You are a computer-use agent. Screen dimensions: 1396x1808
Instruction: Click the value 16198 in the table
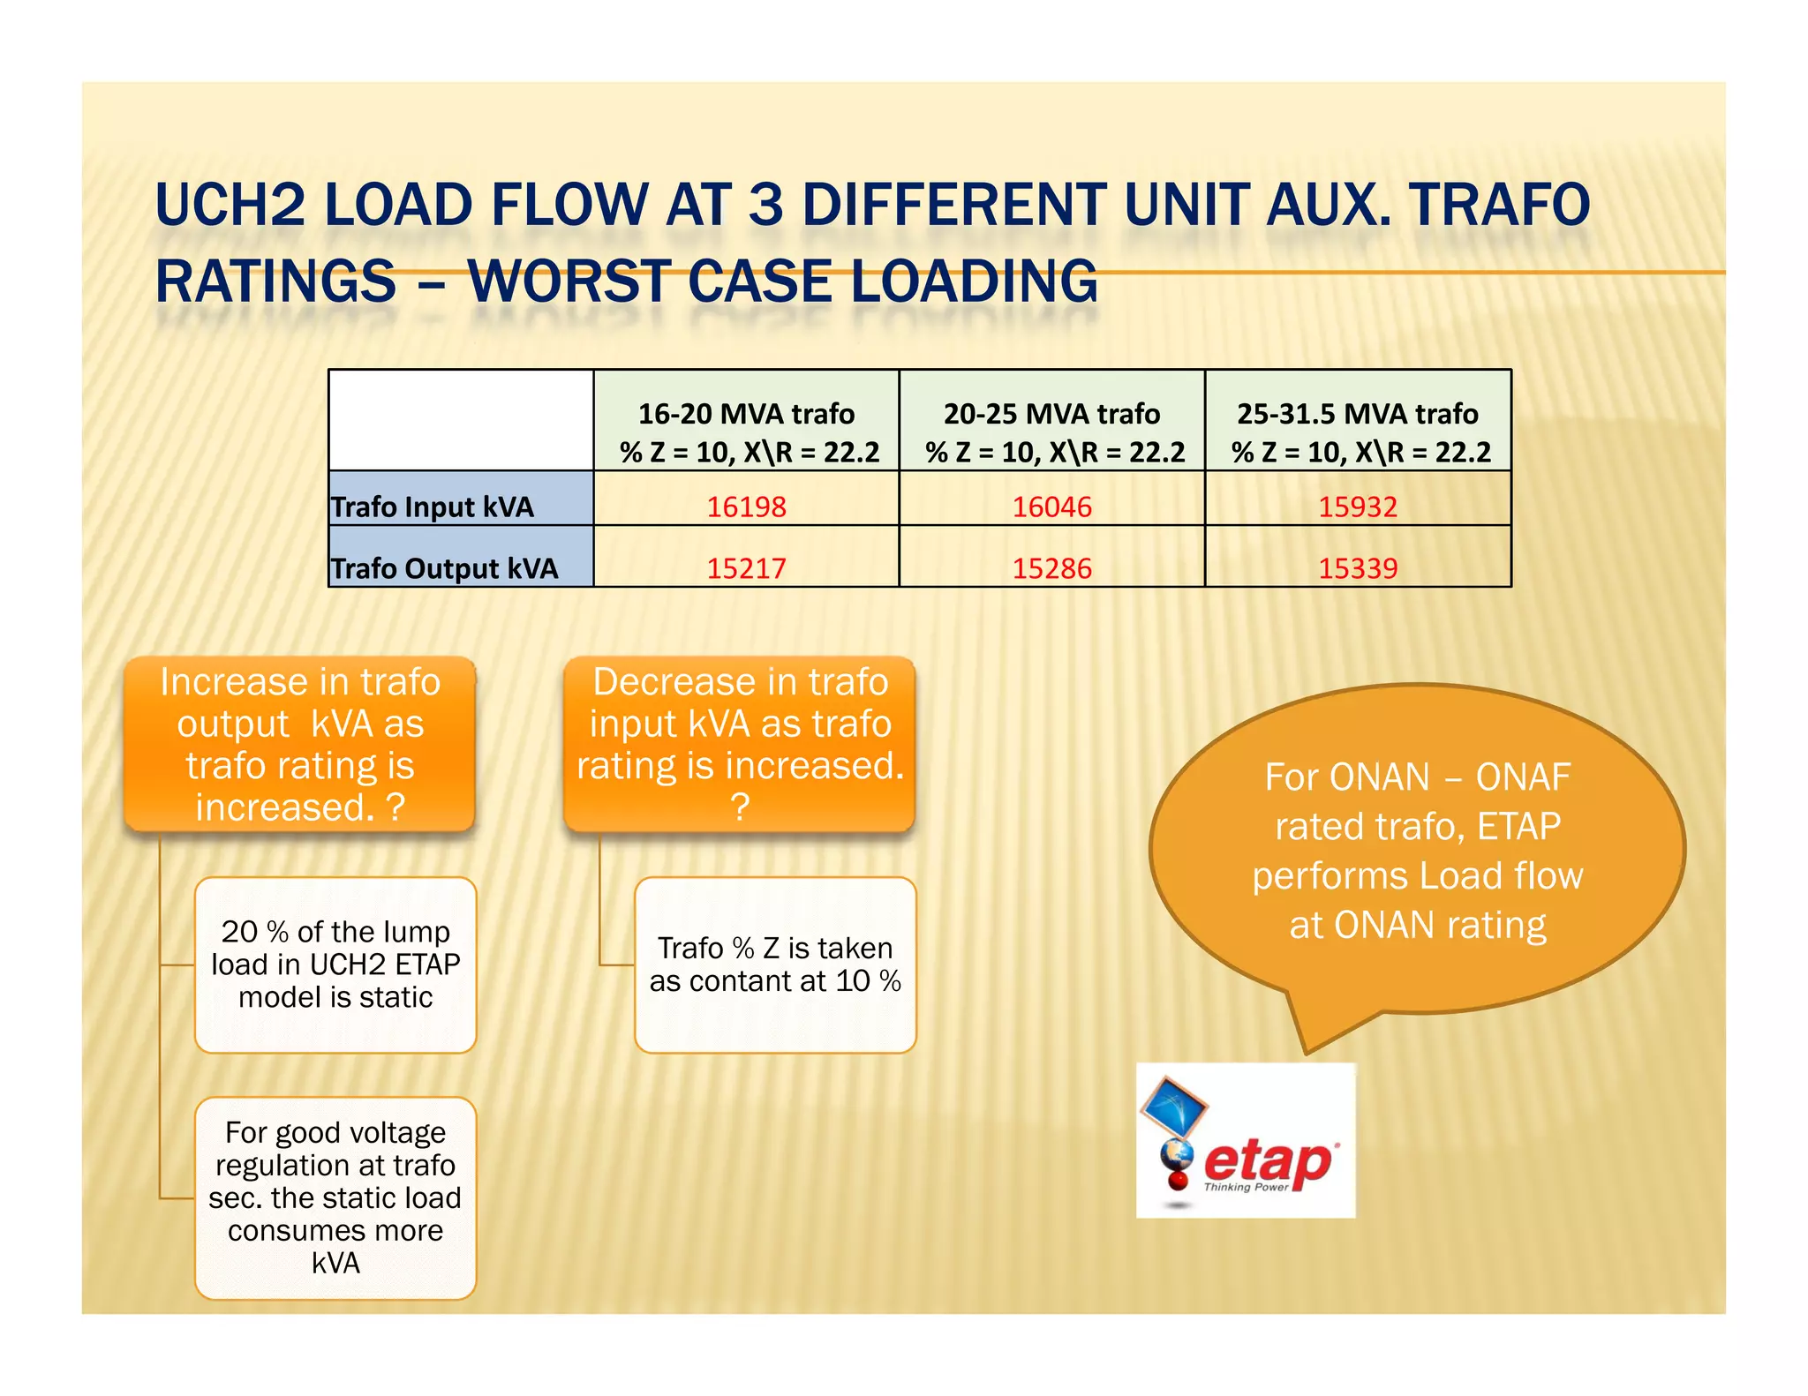click(746, 507)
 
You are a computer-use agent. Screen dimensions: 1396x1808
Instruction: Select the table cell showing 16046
click(1051, 507)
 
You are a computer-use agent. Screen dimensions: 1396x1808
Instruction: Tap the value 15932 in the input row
click(1358, 507)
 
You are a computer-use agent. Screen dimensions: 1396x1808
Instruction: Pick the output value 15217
click(746, 567)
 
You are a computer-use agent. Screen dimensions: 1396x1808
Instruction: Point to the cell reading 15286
click(1051, 567)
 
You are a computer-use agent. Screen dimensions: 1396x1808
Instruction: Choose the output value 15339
click(1358, 567)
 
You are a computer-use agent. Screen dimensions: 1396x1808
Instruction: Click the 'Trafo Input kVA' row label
click(433, 507)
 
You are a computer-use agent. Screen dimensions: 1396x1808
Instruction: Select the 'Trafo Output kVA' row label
click(444, 568)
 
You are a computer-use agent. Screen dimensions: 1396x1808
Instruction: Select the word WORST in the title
click(569, 281)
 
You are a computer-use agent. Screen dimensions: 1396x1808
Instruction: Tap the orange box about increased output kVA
click(300, 744)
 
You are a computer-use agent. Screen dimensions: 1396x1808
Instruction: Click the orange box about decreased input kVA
click(740, 744)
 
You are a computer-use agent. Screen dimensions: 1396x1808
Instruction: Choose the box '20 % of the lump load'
click(335, 964)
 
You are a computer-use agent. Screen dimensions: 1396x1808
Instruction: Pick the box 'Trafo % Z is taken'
click(775, 964)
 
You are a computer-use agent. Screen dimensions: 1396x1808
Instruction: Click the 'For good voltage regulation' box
click(335, 1197)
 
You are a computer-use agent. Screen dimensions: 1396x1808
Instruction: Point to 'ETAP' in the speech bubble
click(1518, 827)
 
